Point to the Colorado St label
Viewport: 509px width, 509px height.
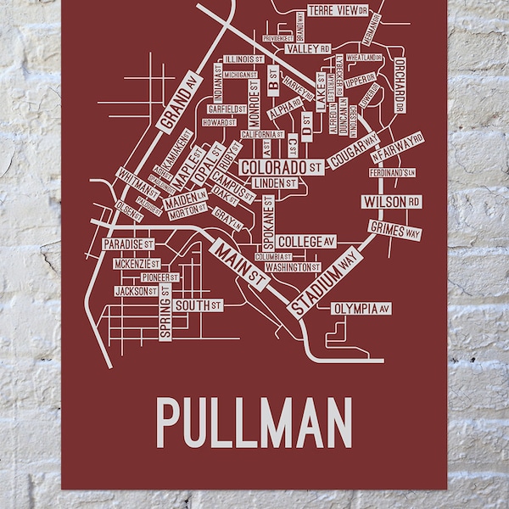(279, 167)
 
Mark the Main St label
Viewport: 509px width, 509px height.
(240, 266)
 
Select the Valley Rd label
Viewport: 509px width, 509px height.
(306, 49)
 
